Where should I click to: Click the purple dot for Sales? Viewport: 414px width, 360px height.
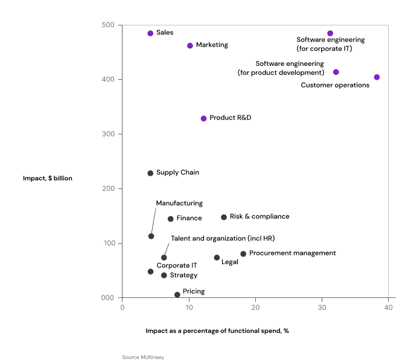click(x=150, y=33)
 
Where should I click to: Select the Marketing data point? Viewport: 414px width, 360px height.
click(x=190, y=45)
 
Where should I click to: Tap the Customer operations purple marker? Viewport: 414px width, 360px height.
click(x=377, y=77)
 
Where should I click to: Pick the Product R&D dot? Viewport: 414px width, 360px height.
click(x=203, y=118)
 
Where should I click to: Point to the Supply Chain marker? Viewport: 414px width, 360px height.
click(x=150, y=173)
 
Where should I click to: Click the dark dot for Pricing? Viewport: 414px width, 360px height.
click(x=177, y=295)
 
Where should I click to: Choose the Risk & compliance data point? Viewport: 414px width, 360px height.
click(x=224, y=217)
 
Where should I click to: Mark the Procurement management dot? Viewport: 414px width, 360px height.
click(x=243, y=254)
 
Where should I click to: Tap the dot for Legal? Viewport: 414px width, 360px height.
click(x=217, y=257)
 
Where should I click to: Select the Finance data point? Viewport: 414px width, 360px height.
click(x=170, y=219)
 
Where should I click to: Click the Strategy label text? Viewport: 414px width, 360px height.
click(x=183, y=275)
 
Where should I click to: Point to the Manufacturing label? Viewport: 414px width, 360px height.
click(x=179, y=204)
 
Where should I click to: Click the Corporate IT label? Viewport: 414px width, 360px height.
click(x=177, y=265)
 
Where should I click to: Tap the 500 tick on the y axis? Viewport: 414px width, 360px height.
click(x=109, y=25)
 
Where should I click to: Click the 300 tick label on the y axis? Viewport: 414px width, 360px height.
click(x=109, y=134)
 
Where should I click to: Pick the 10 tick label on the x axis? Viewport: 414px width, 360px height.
click(x=189, y=308)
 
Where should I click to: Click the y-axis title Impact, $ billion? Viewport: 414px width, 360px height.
click(x=48, y=178)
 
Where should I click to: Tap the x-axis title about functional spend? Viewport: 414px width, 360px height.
click(x=217, y=331)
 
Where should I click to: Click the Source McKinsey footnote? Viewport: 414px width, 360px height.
click(x=143, y=357)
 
